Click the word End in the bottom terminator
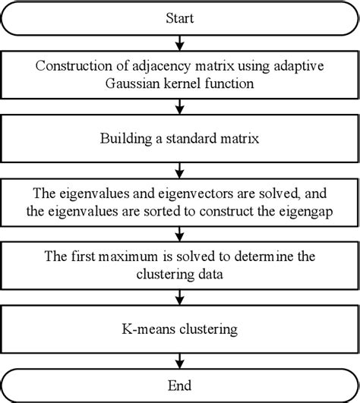(179, 383)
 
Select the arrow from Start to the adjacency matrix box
(179, 40)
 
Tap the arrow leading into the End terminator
(179, 359)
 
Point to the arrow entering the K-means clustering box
(179, 295)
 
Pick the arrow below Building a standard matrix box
(179, 168)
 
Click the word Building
(124, 138)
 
